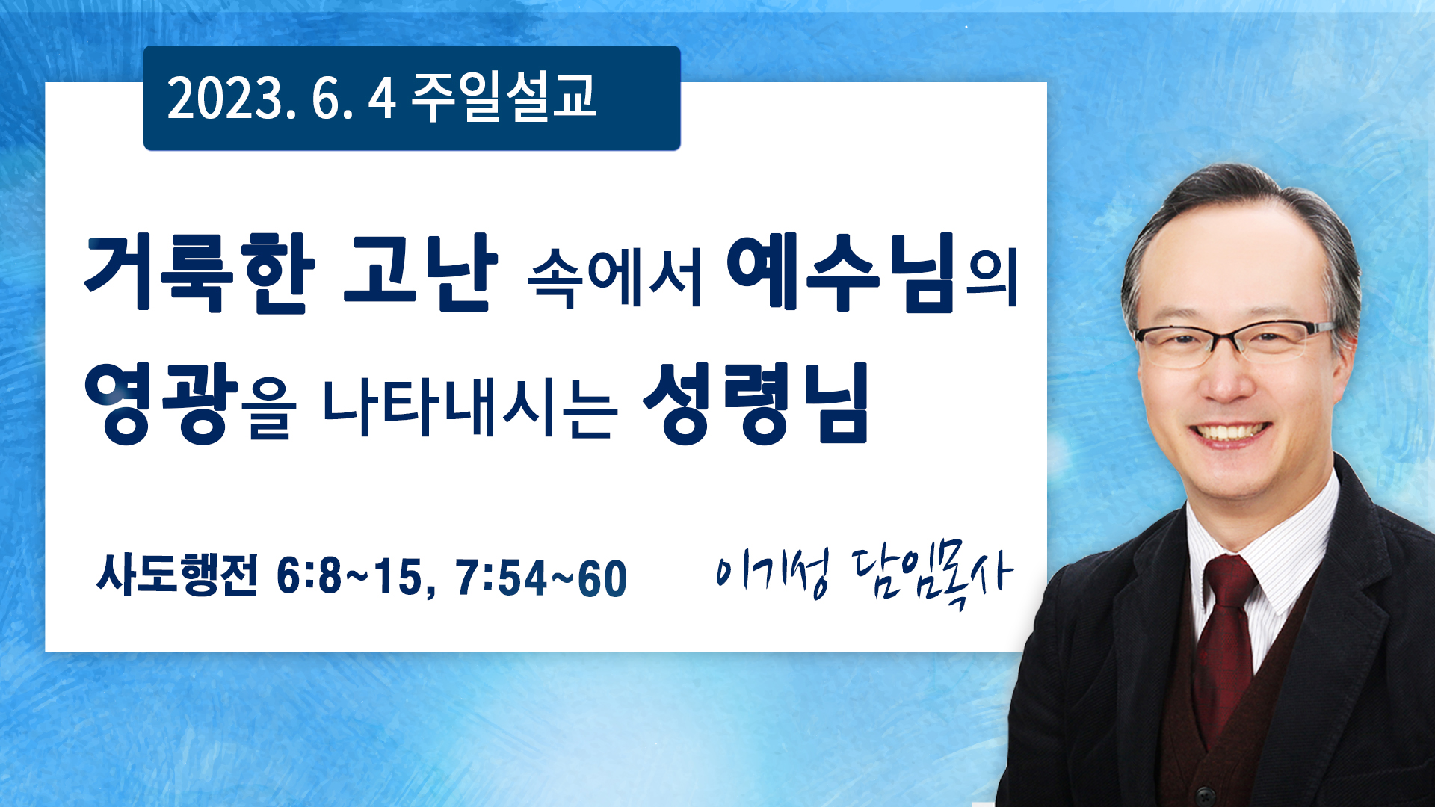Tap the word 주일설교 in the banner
coord(504,97)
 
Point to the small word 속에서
coord(615,277)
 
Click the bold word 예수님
coord(842,272)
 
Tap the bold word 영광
coord(161,403)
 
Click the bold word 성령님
coord(756,403)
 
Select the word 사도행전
coord(177,575)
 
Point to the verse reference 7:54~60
coord(542,578)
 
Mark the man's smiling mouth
coord(1229,433)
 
